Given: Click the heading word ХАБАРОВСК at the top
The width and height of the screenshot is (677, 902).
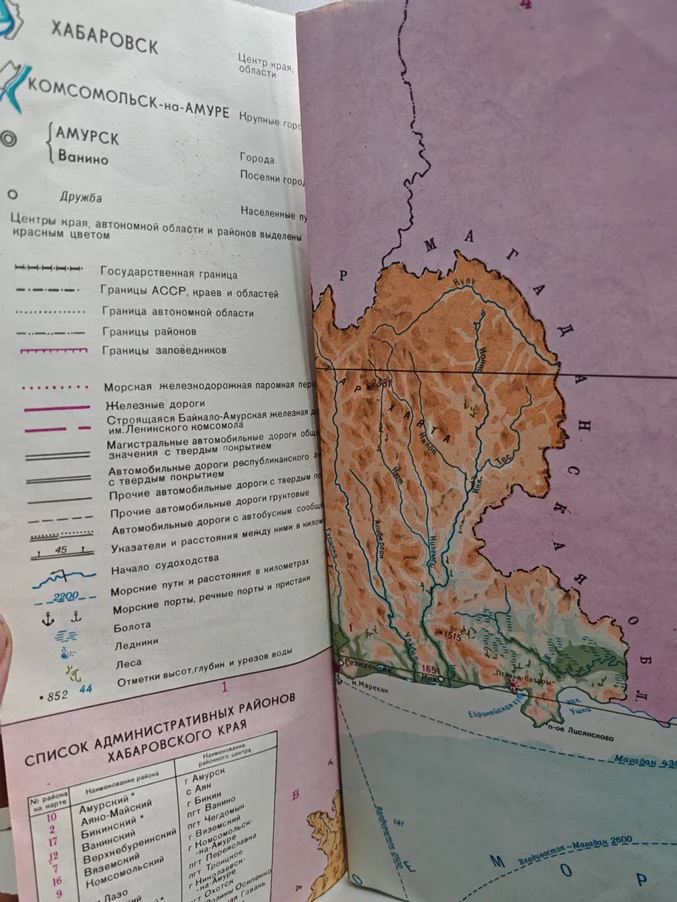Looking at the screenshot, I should pyautogui.click(x=104, y=37).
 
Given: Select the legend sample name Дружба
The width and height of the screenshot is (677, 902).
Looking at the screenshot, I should pyautogui.click(x=80, y=197).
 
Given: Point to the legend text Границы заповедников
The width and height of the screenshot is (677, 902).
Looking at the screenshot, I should pyautogui.click(x=164, y=351).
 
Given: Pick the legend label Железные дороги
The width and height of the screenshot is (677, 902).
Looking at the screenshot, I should pyautogui.click(x=154, y=404).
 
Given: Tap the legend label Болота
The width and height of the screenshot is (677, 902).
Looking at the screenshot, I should pyautogui.click(x=132, y=627).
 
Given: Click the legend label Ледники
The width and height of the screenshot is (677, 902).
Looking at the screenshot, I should pyautogui.click(x=136, y=643).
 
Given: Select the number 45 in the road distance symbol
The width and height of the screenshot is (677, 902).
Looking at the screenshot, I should pyautogui.click(x=61, y=550).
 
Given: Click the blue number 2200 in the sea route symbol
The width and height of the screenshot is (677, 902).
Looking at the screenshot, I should pyautogui.click(x=66, y=596).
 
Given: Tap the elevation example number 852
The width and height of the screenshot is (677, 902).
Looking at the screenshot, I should pyautogui.click(x=57, y=695).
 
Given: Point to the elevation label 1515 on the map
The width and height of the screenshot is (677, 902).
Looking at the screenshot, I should pyautogui.click(x=452, y=635).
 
